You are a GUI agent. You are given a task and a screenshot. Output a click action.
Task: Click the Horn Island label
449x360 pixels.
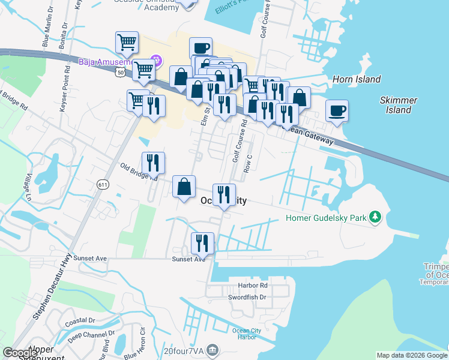(x=357, y=79)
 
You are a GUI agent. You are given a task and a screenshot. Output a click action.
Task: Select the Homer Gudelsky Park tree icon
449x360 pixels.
(x=376, y=216)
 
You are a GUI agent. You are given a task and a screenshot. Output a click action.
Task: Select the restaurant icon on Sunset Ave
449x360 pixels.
(x=202, y=242)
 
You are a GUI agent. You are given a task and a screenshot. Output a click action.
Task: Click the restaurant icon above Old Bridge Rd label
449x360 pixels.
(x=152, y=161)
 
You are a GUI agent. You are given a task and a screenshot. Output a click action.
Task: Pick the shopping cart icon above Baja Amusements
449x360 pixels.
(x=127, y=42)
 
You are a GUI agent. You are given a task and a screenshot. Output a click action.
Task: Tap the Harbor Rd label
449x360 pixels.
(x=252, y=285)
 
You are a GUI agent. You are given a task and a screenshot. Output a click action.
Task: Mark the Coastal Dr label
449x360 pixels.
(x=80, y=321)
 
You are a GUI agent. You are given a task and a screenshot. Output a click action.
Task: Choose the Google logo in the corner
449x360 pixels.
(x=20, y=353)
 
